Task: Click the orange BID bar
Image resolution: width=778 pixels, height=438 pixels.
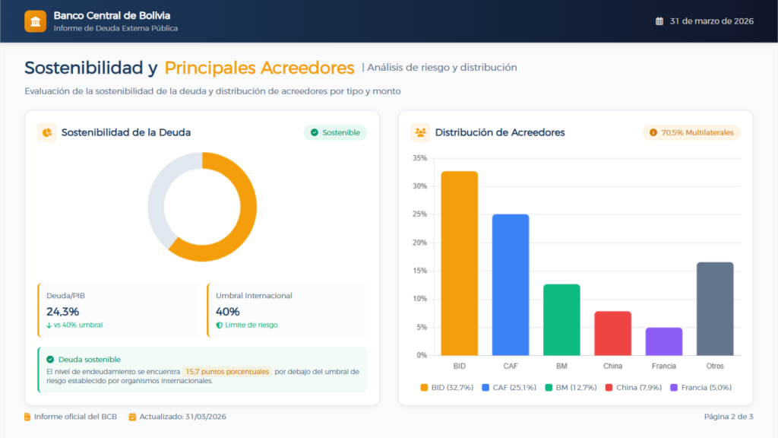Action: click(460, 263)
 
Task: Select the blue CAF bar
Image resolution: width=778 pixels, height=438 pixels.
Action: click(511, 284)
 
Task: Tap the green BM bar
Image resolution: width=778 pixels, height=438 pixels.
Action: click(561, 319)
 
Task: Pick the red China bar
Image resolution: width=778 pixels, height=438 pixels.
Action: click(612, 333)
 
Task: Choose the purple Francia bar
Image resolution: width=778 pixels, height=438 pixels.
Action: click(663, 341)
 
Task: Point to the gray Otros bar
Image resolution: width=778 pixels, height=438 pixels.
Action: click(715, 308)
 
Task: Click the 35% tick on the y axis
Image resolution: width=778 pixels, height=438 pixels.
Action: click(419, 158)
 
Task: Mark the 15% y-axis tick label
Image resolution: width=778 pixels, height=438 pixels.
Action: click(419, 271)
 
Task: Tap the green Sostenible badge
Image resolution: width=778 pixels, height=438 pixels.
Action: click(335, 132)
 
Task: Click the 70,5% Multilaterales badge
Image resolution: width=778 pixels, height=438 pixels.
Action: click(691, 132)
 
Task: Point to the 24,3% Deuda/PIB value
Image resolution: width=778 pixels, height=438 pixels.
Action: click(63, 311)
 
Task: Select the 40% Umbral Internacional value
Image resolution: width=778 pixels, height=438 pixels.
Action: click(228, 311)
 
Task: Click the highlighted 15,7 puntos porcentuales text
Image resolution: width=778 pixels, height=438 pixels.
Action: click(226, 372)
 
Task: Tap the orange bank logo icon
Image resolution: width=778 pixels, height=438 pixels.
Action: click(35, 21)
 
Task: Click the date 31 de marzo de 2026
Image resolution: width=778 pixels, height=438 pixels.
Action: click(711, 21)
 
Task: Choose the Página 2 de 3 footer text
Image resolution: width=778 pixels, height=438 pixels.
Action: click(729, 417)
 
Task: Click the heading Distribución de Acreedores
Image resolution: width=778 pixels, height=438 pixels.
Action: click(500, 132)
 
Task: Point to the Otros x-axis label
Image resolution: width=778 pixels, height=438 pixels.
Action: click(715, 366)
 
